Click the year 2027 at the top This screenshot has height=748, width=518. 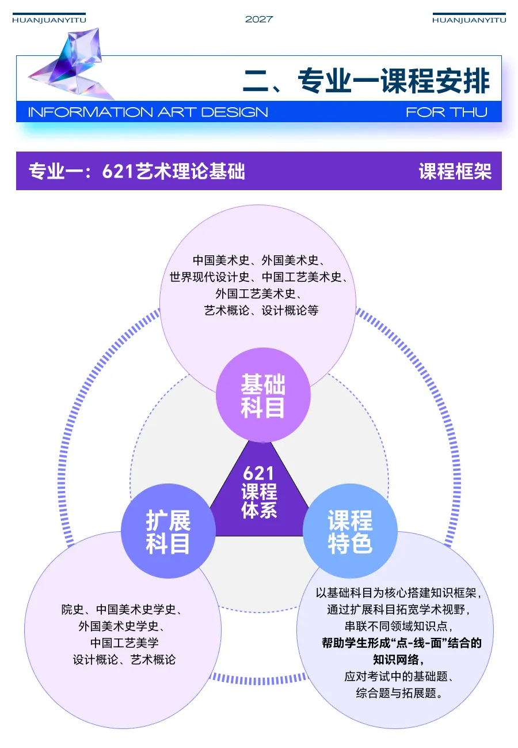pyautogui.click(x=259, y=19)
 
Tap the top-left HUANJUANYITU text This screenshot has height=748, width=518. pyautogui.click(x=49, y=20)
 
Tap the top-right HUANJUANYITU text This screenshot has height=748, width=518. pyautogui.click(x=469, y=20)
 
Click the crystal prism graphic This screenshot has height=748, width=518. pyautogui.click(x=72, y=63)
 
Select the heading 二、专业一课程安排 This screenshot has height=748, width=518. pyautogui.click(x=366, y=81)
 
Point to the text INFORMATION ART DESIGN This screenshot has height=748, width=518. pyautogui.click(x=148, y=112)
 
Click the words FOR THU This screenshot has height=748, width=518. pyautogui.click(x=446, y=112)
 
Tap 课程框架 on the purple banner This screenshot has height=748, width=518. pyautogui.click(x=455, y=171)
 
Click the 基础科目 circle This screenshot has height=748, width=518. pyautogui.click(x=263, y=395)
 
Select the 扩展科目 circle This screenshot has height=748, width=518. pyautogui.click(x=168, y=531)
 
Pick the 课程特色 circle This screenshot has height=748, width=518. pyautogui.click(x=350, y=531)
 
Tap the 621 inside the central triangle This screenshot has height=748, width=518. pyautogui.click(x=259, y=473)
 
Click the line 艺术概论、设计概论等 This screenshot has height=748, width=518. pyautogui.click(x=261, y=310)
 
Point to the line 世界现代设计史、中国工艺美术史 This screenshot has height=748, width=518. pyautogui.click(x=258, y=277)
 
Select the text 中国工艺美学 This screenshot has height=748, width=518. pyautogui.click(x=124, y=643)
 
